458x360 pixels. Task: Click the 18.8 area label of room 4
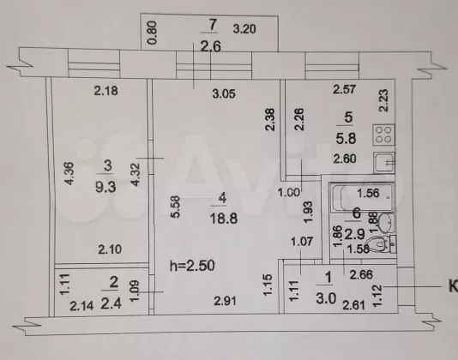pyautogui.click(x=224, y=218)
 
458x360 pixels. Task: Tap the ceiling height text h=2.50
pyautogui.click(x=192, y=266)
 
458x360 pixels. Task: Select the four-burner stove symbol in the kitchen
pyautogui.click(x=383, y=135)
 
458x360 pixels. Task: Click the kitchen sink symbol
pyautogui.click(x=384, y=163)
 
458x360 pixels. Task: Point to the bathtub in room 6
pyautogui.click(x=361, y=197)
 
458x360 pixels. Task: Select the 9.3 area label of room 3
pyautogui.click(x=105, y=187)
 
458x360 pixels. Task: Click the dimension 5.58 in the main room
pyautogui.click(x=176, y=207)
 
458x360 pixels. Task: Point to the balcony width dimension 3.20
pyautogui.click(x=244, y=29)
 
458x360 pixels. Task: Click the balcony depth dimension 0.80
pyautogui.click(x=153, y=33)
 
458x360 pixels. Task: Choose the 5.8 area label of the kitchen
pyautogui.click(x=346, y=138)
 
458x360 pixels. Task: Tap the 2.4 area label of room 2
pyautogui.click(x=111, y=303)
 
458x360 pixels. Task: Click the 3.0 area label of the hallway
pyautogui.click(x=326, y=298)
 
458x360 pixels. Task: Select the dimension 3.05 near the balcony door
pyautogui.click(x=224, y=93)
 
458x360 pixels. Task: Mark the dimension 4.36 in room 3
pyautogui.click(x=69, y=173)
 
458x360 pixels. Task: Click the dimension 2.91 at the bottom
pyautogui.click(x=225, y=301)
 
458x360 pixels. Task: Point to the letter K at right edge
pyautogui.click(x=453, y=286)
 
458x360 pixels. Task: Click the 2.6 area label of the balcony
pyautogui.click(x=210, y=46)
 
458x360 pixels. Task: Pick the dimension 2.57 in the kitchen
pyautogui.click(x=345, y=89)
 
